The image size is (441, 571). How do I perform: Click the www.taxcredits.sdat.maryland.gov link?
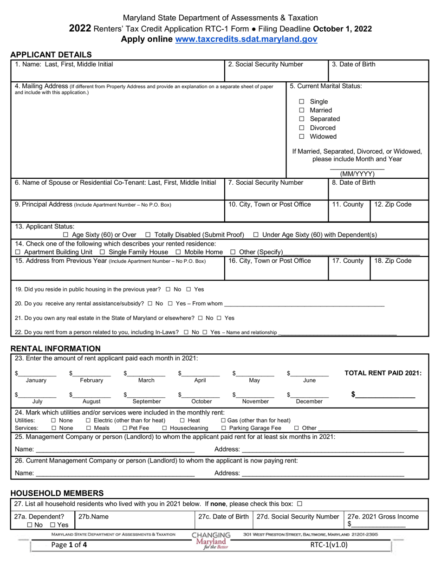pyautogui.click(x=246, y=39)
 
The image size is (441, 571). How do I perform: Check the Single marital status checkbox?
pyautogui.click(x=302, y=102)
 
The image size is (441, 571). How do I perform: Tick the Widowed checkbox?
pyautogui.click(x=302, y=136)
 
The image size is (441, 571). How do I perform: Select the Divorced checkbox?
pyautogui.click(x=302, y=128)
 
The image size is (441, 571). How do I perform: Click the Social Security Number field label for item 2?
pyautogui.click(x=266, y=65)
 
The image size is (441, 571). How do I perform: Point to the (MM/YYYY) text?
pyautogui.click(x=357, y=174)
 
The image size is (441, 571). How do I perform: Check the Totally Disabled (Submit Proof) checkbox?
pyautogui.click(x=148, y=235)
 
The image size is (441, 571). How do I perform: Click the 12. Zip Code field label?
pyautogui.click(x=392, y=204)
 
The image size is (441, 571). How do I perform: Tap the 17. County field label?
pyautogui.click(x=348, y=261)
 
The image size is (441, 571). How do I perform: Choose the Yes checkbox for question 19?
pyautogui.click(x=188, y=289)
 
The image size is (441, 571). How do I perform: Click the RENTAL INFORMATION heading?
pyautogui.click(x=55, y=349)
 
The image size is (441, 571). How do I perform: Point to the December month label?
pyautogui.click(x=309, y=401)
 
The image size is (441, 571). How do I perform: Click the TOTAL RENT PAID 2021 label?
pyautogui.click(x=383, y=373)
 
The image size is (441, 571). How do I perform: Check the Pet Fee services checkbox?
pyautogui.click(x=125, y=428)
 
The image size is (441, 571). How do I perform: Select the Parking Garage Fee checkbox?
pyautogui.click(x=224, y=428)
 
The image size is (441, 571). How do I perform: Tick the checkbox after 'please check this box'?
pyautogui.click(x=299, y=504)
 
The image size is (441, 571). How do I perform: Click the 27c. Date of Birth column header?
pyautogui.click(x=223, y=517)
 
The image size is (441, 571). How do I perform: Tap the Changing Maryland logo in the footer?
pyautogui.click(x=211, y=539)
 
